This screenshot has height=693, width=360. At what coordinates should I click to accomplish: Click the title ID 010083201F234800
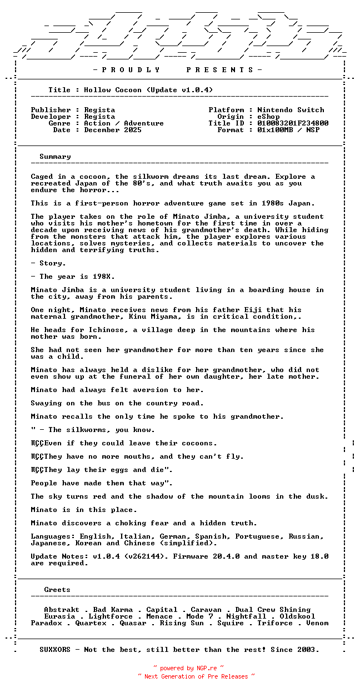tap(293, 123)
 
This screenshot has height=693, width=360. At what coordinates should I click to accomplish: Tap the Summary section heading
tap(55, 157)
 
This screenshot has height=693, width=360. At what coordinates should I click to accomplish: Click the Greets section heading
tap(57, 590)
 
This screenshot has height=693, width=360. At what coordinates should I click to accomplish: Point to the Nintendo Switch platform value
tap(291, 110)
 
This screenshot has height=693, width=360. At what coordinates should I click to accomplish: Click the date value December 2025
tap(113, 130)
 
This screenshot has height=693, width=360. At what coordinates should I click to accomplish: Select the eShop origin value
tap(268, 117)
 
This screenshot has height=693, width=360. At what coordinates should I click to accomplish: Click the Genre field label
tap(59, 123)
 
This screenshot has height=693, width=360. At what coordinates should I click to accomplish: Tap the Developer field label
tap(51, 117)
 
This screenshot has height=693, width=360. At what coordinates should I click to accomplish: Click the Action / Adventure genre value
tap(124, 123)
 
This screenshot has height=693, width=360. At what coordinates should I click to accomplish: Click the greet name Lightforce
tap(111, 616)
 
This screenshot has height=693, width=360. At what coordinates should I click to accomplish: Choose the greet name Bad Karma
tap(113, 610)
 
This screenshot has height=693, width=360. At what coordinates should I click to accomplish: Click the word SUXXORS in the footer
tap(55, 650)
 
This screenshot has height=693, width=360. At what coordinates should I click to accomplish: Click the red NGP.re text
tap(206, 669)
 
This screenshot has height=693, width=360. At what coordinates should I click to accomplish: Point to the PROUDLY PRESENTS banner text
tap(177, 70)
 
